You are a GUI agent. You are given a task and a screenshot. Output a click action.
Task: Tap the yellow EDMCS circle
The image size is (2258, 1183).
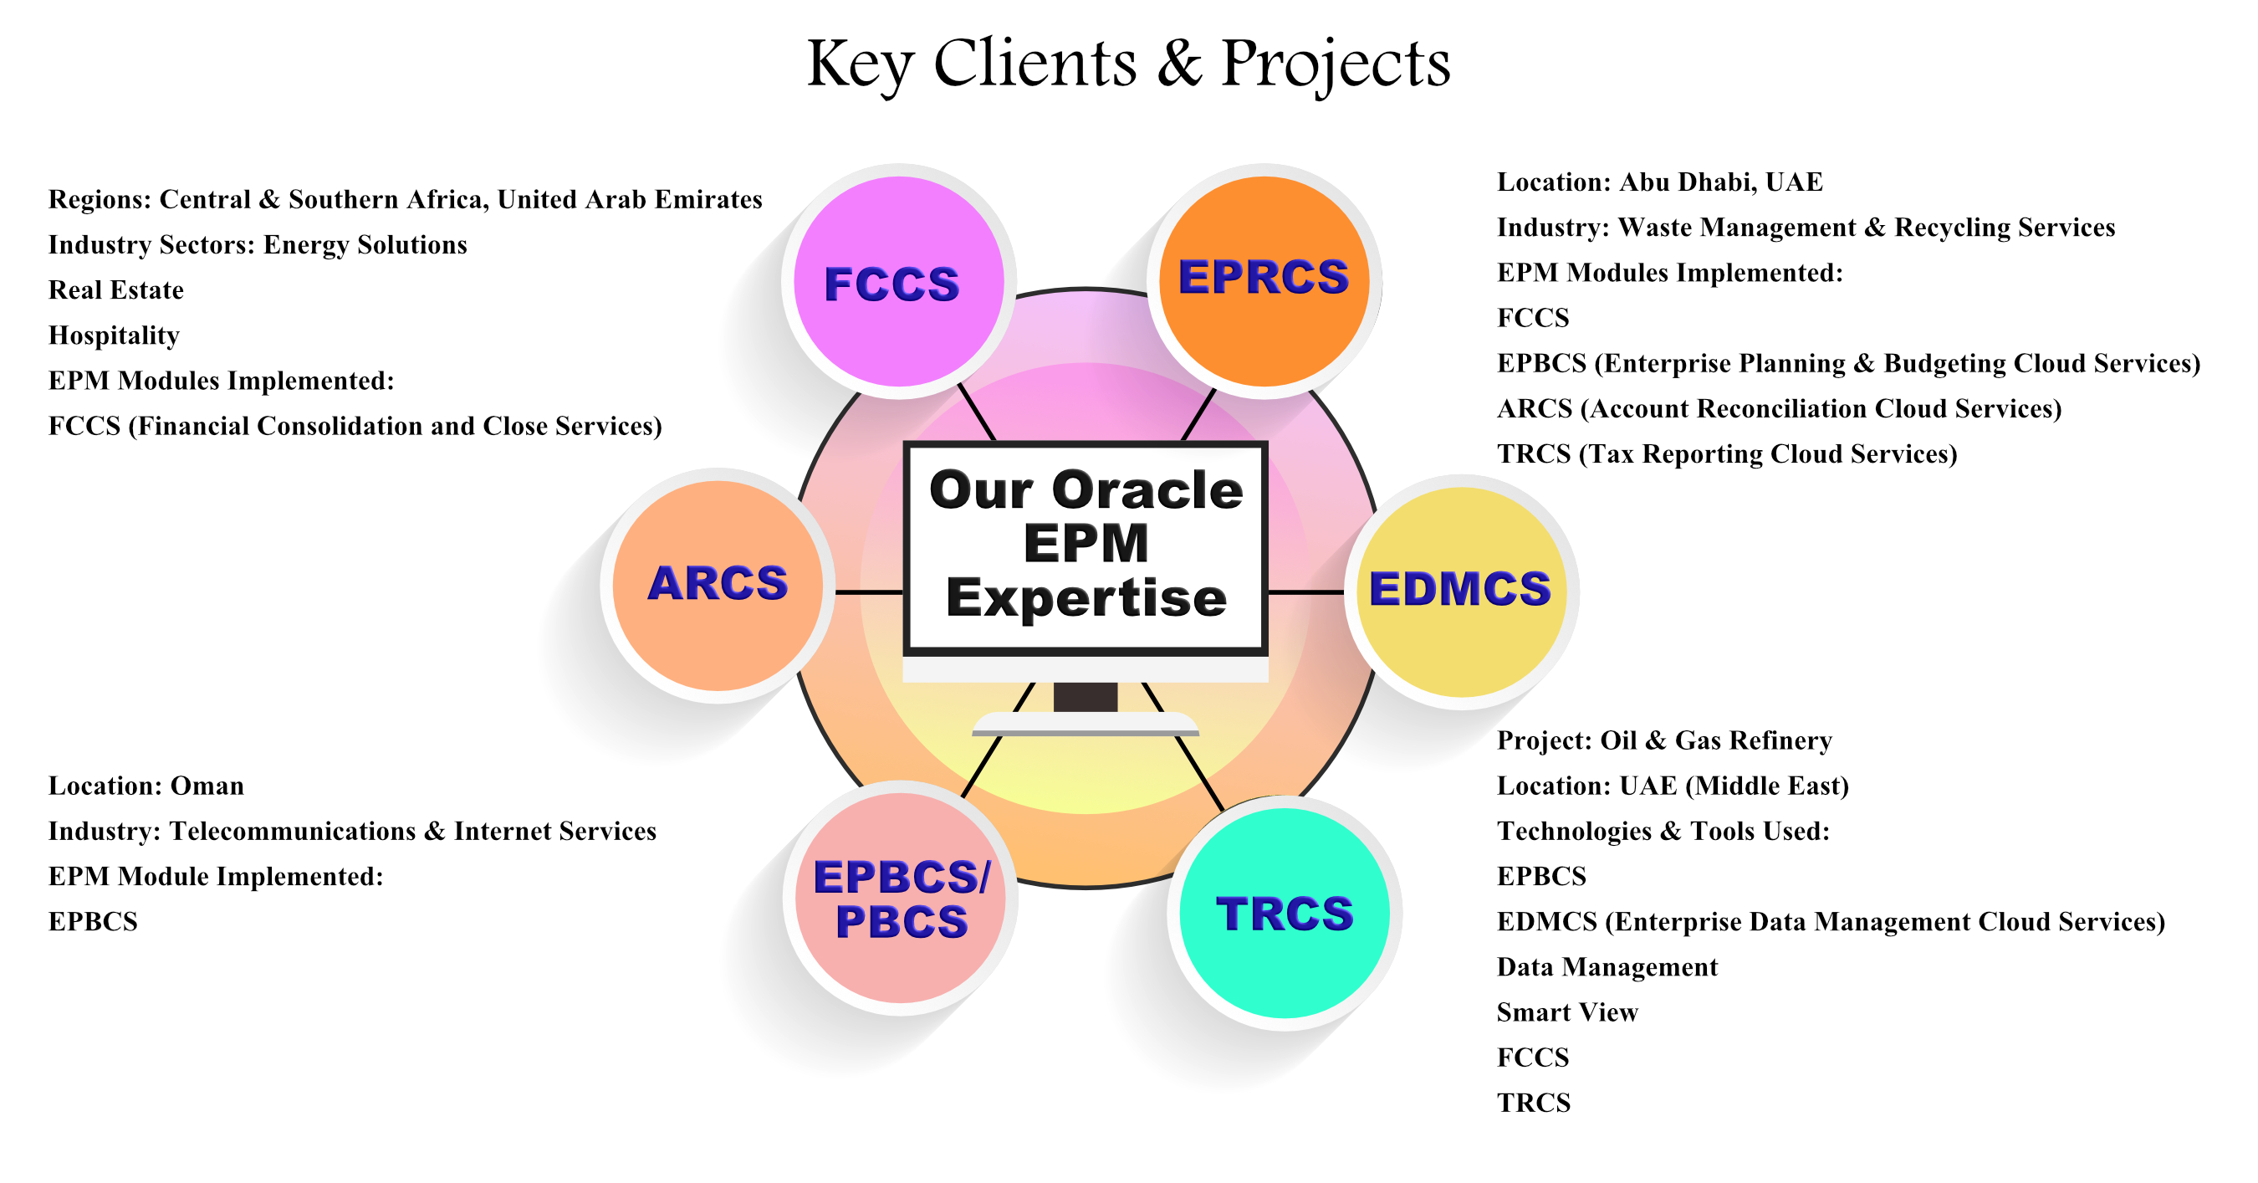(x=1460, y=591)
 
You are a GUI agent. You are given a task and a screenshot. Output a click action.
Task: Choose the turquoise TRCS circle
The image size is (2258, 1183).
(x=1285, y=912)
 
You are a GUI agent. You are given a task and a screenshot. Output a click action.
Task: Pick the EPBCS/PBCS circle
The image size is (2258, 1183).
(x=900, y=898)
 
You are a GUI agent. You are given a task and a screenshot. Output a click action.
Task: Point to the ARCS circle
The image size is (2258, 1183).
(x=717, y=585)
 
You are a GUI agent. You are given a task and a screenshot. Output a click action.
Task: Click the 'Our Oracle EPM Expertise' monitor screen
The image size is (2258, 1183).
(x=1086, y=547)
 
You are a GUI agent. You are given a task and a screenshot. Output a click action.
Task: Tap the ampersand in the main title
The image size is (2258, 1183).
(x=1179, y=64)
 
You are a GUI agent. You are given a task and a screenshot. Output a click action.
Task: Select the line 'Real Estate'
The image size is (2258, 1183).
(x=115, y=290)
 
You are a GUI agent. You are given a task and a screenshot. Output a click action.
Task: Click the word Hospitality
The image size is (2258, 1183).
(x=114, y=335)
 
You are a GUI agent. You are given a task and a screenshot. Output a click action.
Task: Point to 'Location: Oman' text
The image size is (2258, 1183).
(x=146, y=786)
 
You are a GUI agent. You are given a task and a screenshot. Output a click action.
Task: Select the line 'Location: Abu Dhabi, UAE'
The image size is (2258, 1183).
(x=1659, y=182)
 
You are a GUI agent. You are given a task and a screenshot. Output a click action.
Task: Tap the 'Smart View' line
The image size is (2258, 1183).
(x=1566, y=1012)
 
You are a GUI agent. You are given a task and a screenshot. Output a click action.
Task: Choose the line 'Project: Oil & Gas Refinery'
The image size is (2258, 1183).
(x=1663, y=740)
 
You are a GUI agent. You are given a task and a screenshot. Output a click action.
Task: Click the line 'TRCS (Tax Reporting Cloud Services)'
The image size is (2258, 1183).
(x=1727, y=453)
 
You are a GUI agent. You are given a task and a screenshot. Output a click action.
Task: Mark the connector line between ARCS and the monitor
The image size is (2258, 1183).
(x=868, y=593)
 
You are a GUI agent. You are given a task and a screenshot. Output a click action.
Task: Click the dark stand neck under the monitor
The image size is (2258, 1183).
(x=1086, y=697)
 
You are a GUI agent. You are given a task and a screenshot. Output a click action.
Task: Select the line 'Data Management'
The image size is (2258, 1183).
(x=1607, y=966)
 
